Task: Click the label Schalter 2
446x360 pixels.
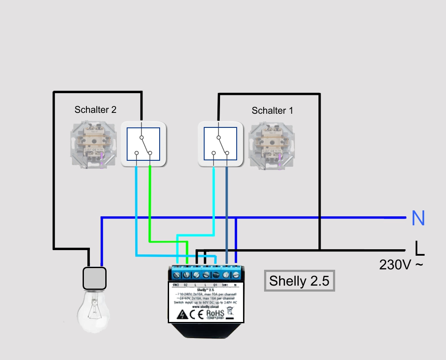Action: [x=95, y=110]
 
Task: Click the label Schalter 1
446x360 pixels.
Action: [x=272, y=111]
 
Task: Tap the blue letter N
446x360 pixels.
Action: [x=418, y=218]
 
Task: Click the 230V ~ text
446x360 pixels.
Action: [x=401, y=265]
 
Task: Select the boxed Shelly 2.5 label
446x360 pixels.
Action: [x=299, y=281]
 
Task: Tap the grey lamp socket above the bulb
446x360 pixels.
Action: [x=94, y=278]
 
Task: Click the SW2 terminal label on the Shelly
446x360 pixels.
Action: [x=175, y=285]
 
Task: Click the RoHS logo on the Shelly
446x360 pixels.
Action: [x=215, y=314]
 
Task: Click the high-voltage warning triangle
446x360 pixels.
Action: [x=182, y=315]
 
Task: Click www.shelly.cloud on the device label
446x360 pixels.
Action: [x=206, y=306]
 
